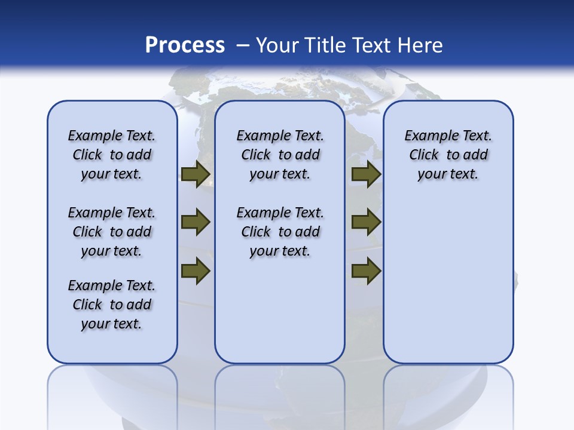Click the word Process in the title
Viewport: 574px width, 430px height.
tap(185, 45)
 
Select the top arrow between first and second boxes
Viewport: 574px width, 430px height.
tap(196, 174)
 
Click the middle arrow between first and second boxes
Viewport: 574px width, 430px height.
tap(196, 222)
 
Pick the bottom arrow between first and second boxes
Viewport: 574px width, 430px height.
tap(196, 271)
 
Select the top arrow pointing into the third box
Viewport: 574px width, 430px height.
tap(366, 174)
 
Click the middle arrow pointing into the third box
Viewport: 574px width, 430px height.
tap(366, 222)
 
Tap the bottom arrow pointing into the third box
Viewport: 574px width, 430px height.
tap(366, 271)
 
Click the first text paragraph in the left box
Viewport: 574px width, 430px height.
tap(112, 155)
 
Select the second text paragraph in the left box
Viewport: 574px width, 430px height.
tap(112, 232)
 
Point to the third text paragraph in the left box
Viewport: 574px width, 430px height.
tap(112, 305)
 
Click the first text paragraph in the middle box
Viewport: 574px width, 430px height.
tap(280, 155)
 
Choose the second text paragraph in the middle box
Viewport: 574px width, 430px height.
tap(280, 232)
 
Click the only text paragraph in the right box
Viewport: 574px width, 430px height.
tap(448, 155)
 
